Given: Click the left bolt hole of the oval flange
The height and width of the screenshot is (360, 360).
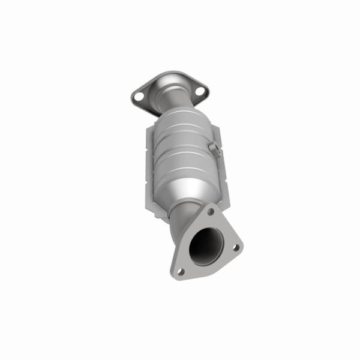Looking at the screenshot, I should (139, 95).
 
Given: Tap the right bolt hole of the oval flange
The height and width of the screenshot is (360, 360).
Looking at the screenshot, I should (200, 91).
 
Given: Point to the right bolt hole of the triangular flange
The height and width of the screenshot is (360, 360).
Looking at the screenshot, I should (235, 247).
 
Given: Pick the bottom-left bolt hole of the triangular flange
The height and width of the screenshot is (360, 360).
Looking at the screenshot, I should (180, 271).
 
